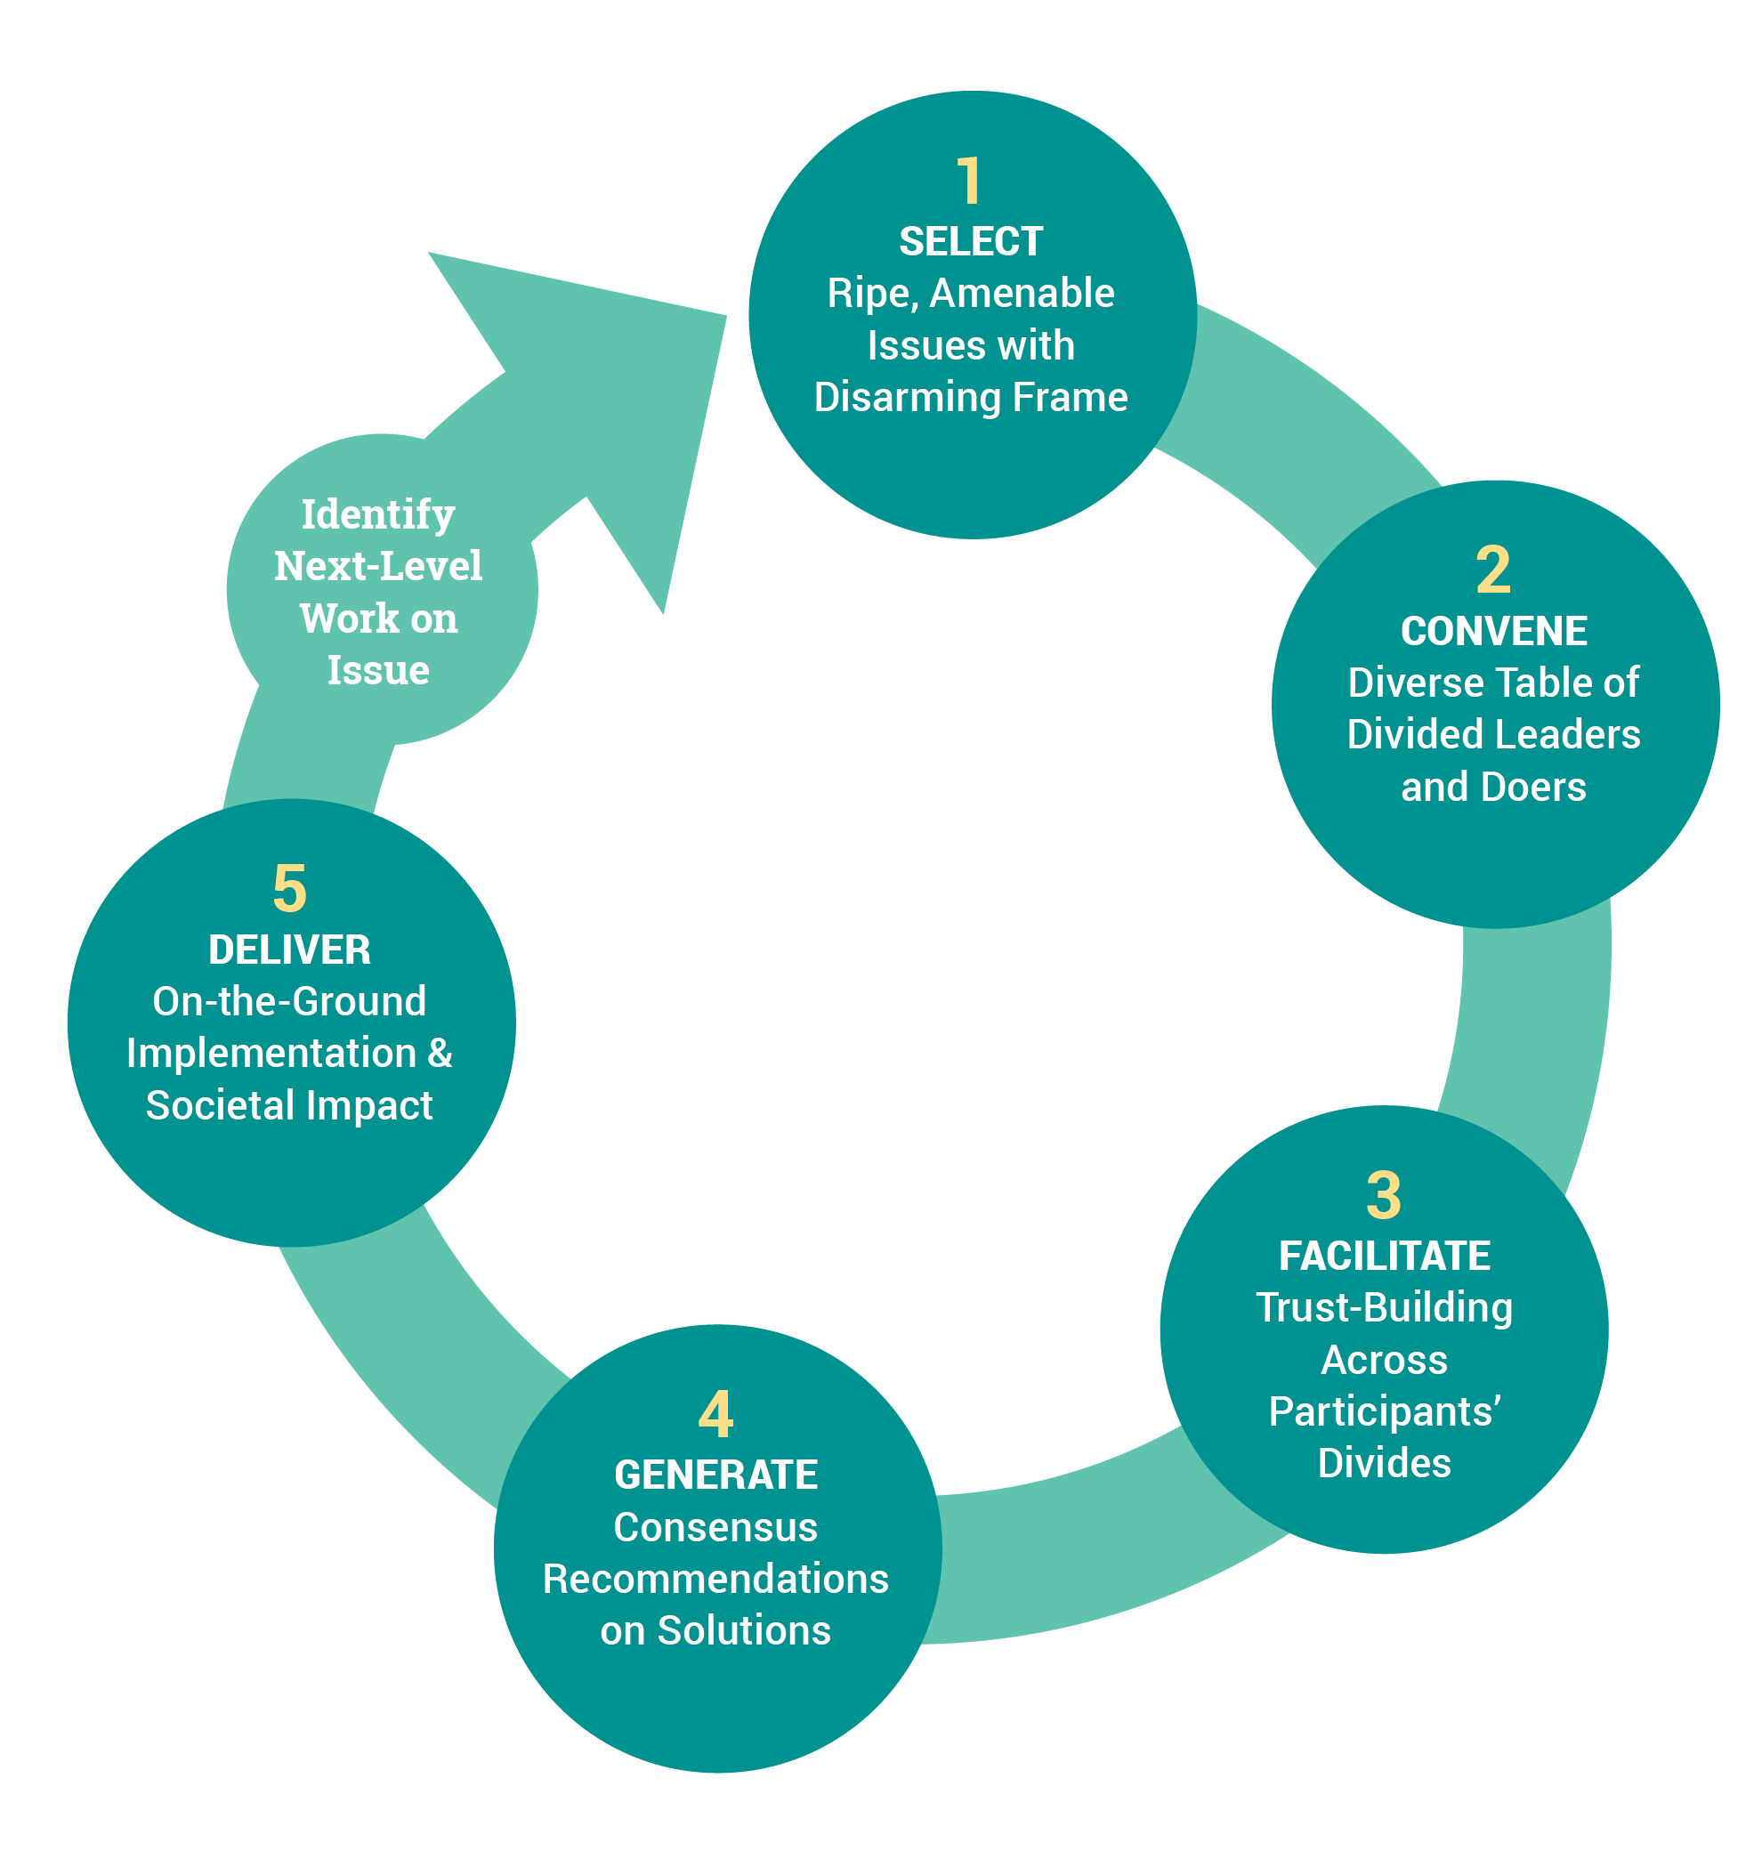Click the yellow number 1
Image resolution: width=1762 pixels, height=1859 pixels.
pyautogui.click(x=968, y=182)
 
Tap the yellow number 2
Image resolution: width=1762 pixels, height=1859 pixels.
pyautogui.click(x=1492, y=570)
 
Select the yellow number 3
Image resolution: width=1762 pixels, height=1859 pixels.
pyautogui.click(x=1383, y=1195)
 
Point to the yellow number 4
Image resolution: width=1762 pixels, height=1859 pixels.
pyautogui.click(x=715, y=1415)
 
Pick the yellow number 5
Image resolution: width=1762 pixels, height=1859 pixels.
pyautogui.click(x=289, y=889)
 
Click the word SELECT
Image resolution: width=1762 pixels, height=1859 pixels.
pyautogui.click(x=970, y=242)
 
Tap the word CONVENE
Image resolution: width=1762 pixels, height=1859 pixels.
pyautogui.click(x=1493, y=631)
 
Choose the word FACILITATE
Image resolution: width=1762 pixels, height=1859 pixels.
pyautogui.click(x=1384, y=1256)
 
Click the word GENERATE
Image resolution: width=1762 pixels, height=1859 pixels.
pyautogui.click(x=715, y=1475)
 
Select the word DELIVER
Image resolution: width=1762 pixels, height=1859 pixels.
pyautogui.click(x=289, y=950)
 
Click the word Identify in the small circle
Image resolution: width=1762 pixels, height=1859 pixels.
pyautogui.click(x=377, y=514)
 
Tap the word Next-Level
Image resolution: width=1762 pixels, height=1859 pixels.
pyautogui.click(x=377, y=567)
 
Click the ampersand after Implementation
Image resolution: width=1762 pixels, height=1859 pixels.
pyautogui.click(x=440, y=1053)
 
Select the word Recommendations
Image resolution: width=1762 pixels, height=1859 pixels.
pyautogui.click(x=715, y=1579)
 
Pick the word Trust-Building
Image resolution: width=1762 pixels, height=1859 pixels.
pyautogui.click(x=1384, y=1307)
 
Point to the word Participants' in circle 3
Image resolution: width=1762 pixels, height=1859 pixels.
pyautogui.click(x=1384, y=1412)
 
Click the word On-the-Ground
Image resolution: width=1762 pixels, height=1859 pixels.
pyautogui.click(x=289, y=1001)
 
